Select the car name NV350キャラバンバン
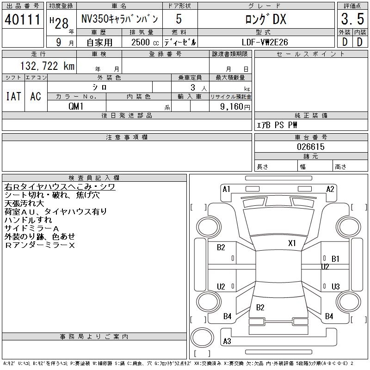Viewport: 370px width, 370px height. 119,19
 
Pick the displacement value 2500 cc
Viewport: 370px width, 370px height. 142,42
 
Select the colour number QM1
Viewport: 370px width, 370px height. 77,106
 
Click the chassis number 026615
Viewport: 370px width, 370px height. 311,147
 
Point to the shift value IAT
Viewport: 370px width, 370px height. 13,96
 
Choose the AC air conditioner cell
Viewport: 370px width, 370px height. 36,96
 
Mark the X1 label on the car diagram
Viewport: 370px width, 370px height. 292,243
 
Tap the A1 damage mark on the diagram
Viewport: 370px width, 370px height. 227,189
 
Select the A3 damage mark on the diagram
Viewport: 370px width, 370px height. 227,341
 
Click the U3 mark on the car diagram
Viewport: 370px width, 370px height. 336,286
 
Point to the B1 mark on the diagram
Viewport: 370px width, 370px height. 336,259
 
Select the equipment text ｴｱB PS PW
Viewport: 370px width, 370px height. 277,125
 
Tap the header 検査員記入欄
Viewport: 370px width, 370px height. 94,178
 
